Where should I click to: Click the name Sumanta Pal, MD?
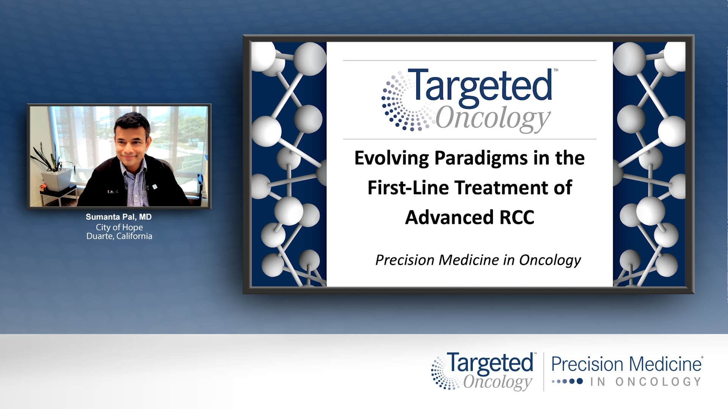[x=119, y=217]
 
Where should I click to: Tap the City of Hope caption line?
[x=119, y=227]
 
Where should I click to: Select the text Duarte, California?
[x=119, y=236]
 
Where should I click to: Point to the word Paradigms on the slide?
[x=481, y=158]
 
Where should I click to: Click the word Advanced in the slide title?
[x=449, y=218]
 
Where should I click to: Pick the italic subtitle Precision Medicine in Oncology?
[x=478, y=261]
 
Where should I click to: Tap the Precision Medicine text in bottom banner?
[x=626, y=364]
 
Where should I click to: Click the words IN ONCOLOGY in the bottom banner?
[x=646, y=382]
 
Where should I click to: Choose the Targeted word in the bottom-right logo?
[x=490, y=363]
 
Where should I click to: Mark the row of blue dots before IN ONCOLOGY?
[x=567, y=381]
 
